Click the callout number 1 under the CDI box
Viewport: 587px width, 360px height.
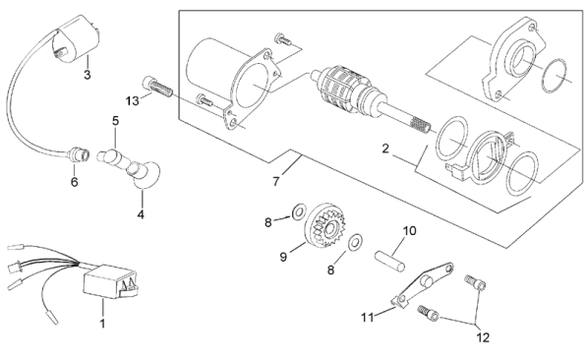(102, 323)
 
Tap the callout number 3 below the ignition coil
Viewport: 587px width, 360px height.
(88, 75)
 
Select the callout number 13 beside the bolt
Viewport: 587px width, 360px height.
(132, 100)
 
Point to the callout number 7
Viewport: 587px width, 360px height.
(276, 181)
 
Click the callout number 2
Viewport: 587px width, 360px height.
(385, 149)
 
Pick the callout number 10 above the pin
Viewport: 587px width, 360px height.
(410, 231)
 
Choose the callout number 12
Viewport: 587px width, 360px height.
(483, 337)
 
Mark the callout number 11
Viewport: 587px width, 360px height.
(368, 318)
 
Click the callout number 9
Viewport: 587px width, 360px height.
(283, 257)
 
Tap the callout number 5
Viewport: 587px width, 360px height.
(115, 121)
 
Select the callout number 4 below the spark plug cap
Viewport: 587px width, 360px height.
(141, 214)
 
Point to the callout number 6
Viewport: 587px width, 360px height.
(75, 182)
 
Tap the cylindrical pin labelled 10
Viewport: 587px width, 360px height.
(389, 261)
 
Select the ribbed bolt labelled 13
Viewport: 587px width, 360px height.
(157, 87)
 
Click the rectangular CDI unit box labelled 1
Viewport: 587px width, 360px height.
(110, 281)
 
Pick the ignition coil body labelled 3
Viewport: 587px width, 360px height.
(76, 38)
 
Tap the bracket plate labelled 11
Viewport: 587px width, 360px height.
(422, 284)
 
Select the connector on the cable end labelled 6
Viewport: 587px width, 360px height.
(80, 154)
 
